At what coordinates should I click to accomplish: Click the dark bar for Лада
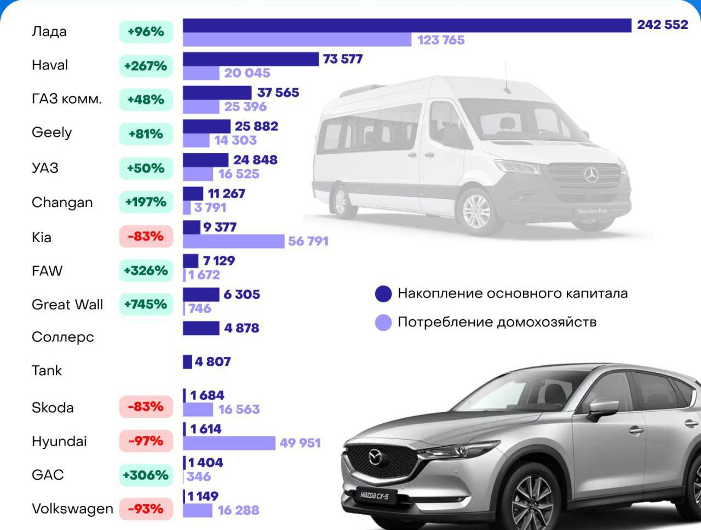point(406,25)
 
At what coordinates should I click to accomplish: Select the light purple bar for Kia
point(233,241)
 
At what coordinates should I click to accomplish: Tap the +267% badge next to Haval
point(146,66)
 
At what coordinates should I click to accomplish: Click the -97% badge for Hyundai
point(146,441)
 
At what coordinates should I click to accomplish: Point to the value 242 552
point(662,25)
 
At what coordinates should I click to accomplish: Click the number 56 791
point(308,241)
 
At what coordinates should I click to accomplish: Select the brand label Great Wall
point(67,304)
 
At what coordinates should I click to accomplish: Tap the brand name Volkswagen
point(72,509)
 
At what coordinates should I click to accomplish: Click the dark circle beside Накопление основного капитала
point(383,293)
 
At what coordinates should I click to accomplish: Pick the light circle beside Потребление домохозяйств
point(383,322)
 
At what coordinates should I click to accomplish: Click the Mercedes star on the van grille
point(591,175)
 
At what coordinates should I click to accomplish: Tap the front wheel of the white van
point(476,211)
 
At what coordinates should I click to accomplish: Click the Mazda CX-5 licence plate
point(375,495)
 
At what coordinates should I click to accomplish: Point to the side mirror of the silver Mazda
point(603,408)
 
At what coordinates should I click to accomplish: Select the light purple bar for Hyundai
point(229,443)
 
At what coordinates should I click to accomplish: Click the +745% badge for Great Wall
point(146,304)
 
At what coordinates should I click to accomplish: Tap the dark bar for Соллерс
point(201,328)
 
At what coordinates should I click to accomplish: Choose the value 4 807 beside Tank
point(213,361)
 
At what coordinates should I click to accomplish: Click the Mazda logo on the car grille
point(375,456)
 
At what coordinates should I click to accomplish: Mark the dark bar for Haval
point(250,59)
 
